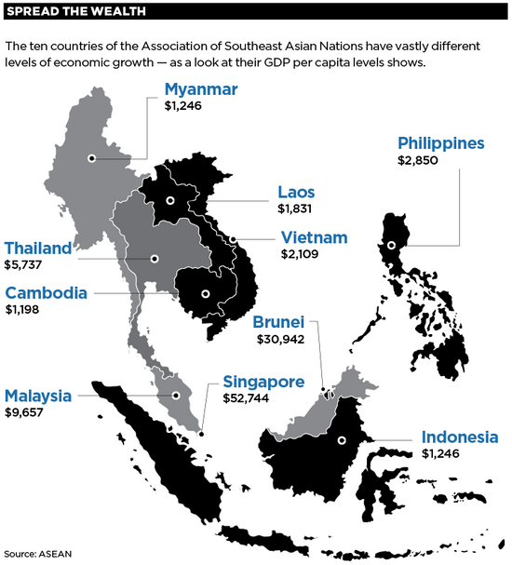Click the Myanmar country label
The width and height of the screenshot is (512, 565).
point(201,90)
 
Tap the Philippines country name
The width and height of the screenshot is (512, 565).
point(441,143)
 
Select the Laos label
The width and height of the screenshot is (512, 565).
point(296,193)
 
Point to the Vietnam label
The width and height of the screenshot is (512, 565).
point(315,237)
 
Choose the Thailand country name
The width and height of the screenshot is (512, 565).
point(38,249)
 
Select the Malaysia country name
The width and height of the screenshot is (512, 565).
point(38,396)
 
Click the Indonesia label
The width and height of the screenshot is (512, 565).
point(460,437)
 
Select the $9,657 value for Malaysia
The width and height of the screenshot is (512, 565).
point(24,411)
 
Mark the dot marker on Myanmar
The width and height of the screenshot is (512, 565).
point(91,158)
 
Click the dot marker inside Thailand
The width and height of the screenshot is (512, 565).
point(155,259)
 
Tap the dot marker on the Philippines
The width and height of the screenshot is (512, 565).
point(392,246)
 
